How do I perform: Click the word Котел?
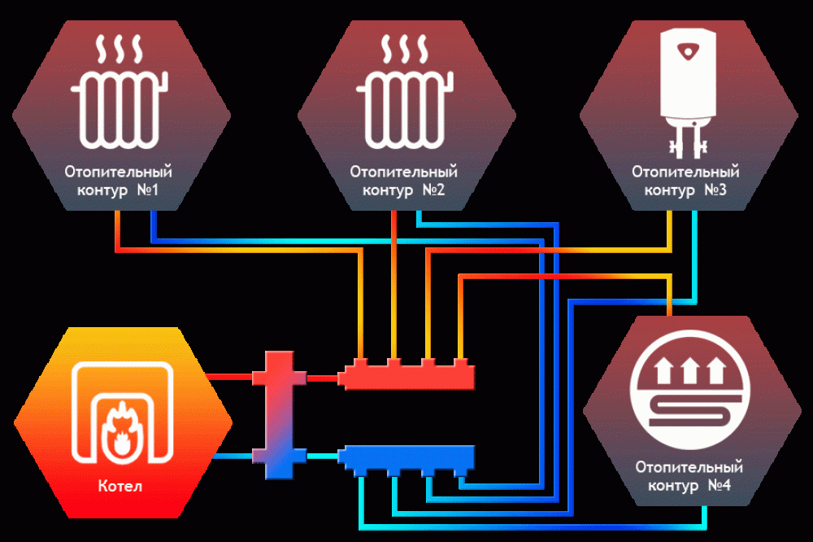(120, 486)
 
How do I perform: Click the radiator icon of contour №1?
(120, 110)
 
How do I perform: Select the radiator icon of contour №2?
(405, 110)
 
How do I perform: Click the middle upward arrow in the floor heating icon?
(690, 370)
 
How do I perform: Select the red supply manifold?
(407, 374)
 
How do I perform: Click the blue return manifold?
(407, 460)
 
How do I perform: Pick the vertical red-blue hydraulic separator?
(279, 415)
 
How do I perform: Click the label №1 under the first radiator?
(148, 190)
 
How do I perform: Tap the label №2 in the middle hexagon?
(433, 190)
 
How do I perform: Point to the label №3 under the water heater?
(715, 190)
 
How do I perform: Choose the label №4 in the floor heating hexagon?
(720, 485)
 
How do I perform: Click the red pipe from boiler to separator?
(229, 376)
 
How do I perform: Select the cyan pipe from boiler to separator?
(233, 457)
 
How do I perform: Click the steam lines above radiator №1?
(120, 50)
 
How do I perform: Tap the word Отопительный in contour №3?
(685, 172)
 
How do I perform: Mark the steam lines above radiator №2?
(404, 50)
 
